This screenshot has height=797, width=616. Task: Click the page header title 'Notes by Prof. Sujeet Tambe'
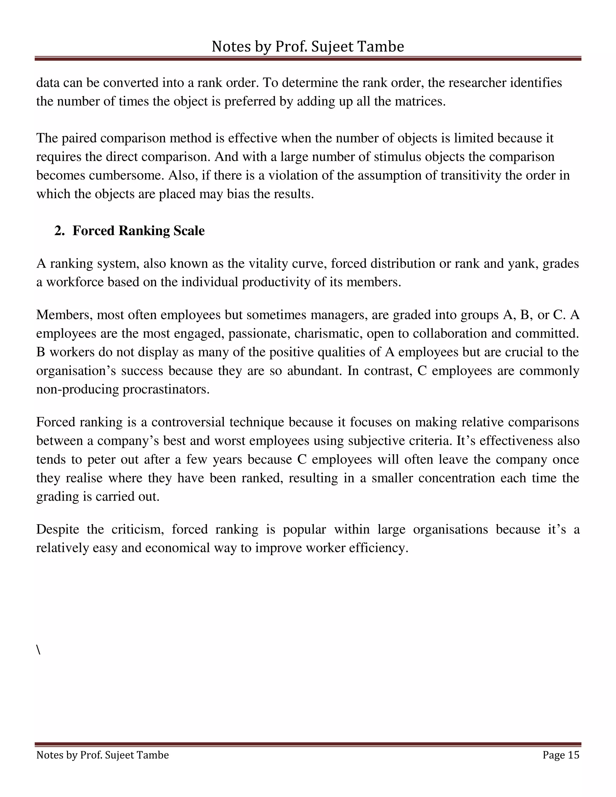click(x=308, y=47)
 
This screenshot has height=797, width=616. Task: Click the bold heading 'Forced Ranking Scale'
click(x=138, y=231)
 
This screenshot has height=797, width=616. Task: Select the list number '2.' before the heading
click(x=60, y=231)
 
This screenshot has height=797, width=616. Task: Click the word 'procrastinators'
click(x=166, y=389)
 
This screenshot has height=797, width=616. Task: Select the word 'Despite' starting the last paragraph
click(x=58, y=529)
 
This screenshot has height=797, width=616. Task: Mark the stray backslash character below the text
click(x=38, y=650)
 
